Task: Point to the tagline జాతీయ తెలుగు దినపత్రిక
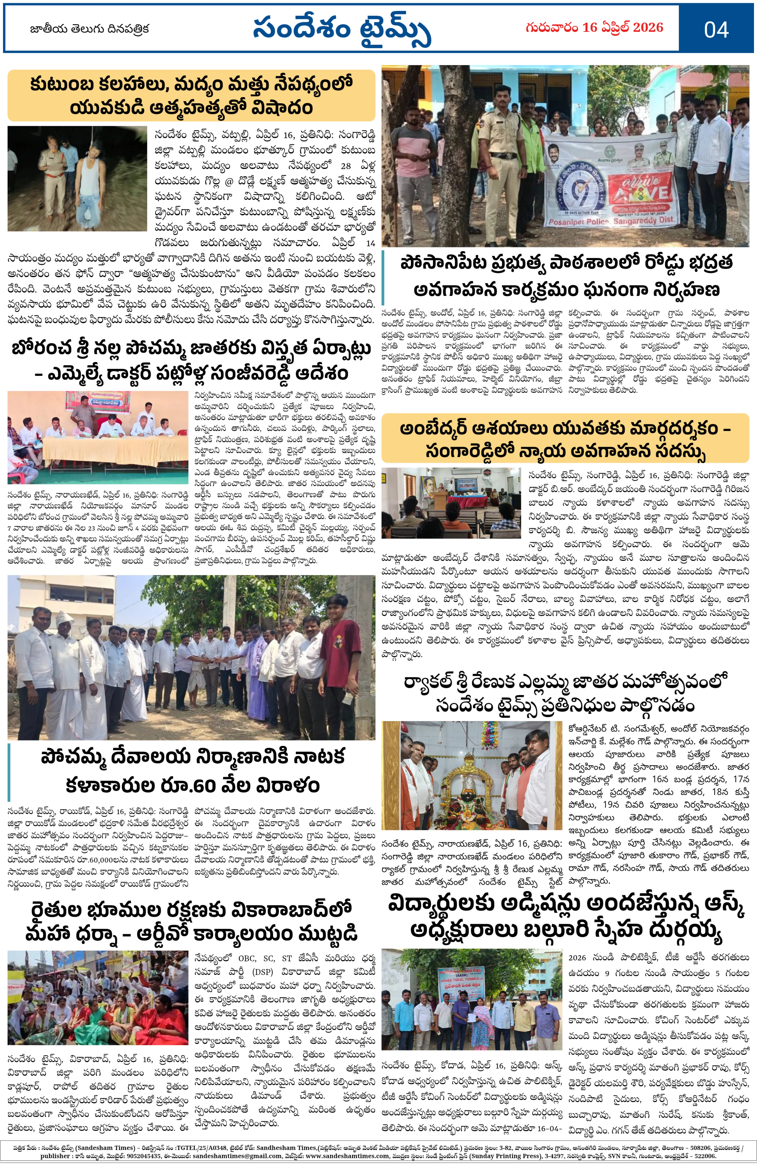click(x=90, y=29)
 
